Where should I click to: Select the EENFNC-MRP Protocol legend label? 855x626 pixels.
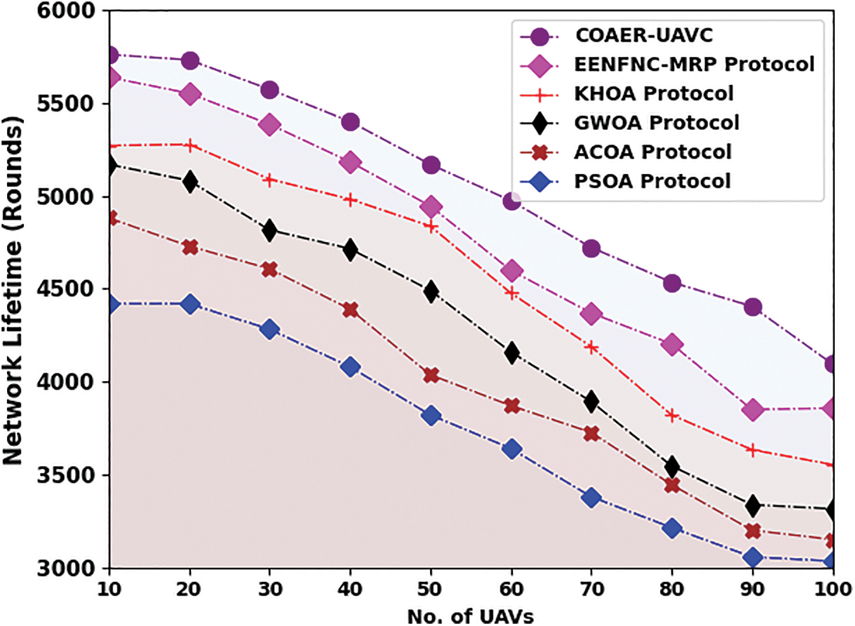point(695,64)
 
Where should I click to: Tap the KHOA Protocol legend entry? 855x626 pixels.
point(653,94)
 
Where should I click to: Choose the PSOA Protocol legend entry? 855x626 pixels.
point(652,182)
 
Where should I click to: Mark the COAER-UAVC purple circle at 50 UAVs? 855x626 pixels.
point(431,165)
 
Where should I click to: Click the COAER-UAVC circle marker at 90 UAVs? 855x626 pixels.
point(753,307)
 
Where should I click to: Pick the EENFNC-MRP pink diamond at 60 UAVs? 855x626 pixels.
point(511,270)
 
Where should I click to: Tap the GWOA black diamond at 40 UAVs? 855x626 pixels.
point(351,250)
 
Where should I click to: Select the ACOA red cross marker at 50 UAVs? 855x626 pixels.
point(431,376)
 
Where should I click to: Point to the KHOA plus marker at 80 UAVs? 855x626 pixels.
point(672,415)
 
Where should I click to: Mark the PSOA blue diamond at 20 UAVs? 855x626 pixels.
point(190,304)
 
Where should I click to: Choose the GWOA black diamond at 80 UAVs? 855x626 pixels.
point(672,467)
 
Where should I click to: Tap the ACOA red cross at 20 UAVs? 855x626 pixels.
point(190,247)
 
